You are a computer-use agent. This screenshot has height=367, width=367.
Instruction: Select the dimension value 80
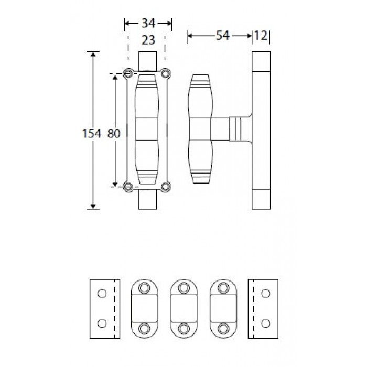click(x=114, y=134)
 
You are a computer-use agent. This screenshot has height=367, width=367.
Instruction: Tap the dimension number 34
click(x=148, y=23)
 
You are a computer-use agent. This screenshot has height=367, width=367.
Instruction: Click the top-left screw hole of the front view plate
click(x=128, y=73)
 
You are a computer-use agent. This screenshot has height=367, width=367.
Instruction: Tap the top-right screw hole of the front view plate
click(x=166, y=73)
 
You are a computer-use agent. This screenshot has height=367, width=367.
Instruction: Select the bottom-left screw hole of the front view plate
click(x=128, y=185)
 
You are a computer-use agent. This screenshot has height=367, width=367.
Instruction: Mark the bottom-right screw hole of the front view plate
click(x=166, y=185)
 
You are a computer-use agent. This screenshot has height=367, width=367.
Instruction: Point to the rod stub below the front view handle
click(x=147, y=200)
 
